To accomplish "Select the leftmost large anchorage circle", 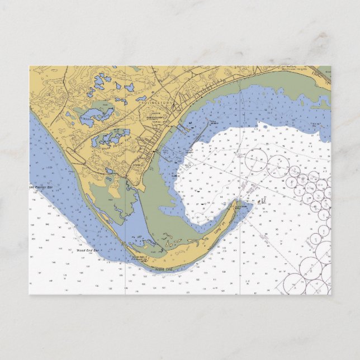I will [255, 160].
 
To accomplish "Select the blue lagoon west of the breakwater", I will [126, 224].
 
